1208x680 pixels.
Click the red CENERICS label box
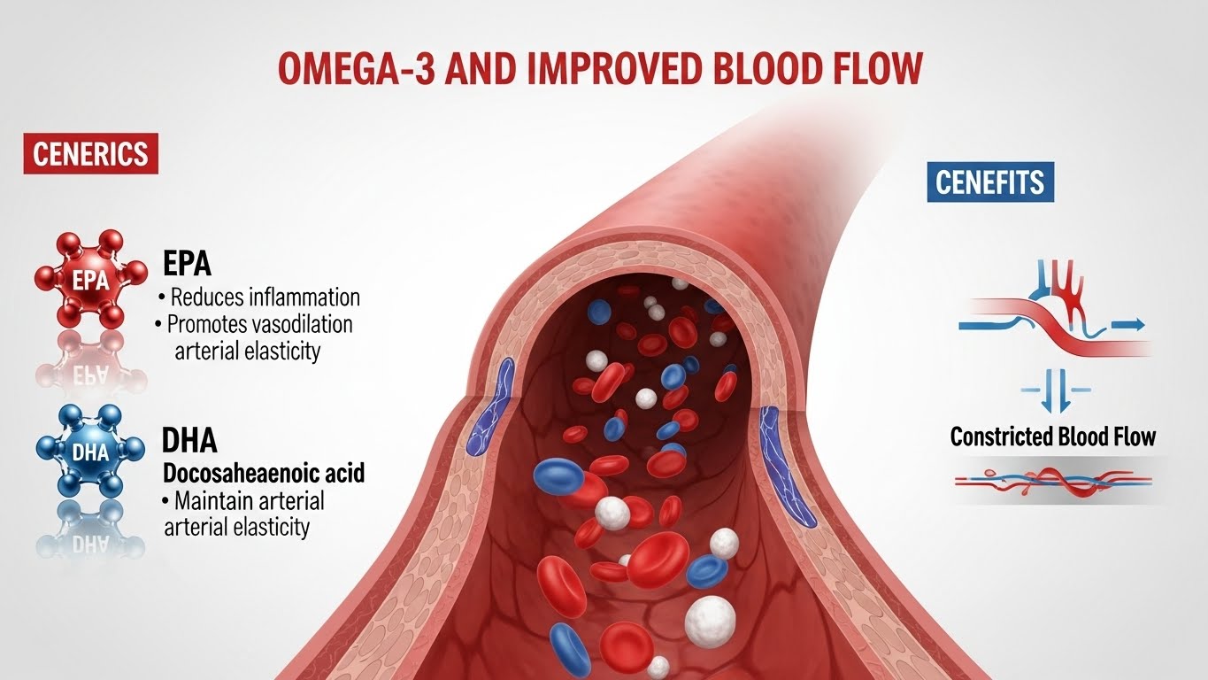[90, 155]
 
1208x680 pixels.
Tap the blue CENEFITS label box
[990, 182]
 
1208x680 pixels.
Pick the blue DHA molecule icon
[92, 452]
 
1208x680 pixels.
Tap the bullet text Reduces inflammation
[262, 297]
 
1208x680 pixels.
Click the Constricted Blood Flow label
[1052, 437]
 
